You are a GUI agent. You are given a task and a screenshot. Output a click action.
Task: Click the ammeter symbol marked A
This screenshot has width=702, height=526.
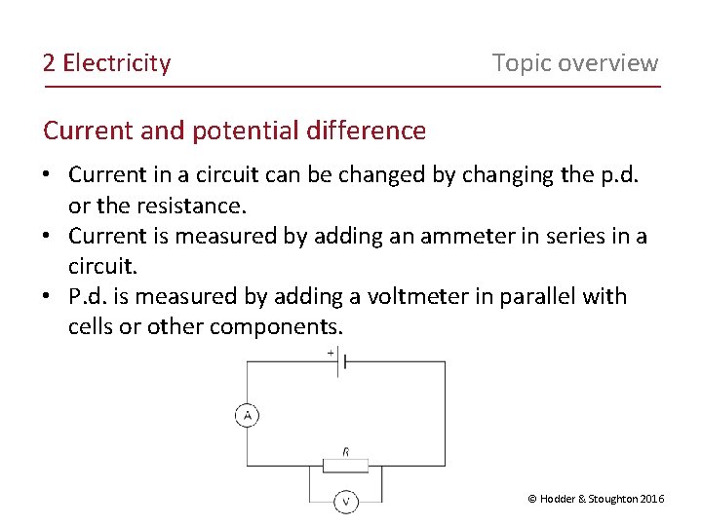tap(247, 416)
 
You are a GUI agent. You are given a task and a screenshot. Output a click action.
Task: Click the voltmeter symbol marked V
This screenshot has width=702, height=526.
tap(346, 501)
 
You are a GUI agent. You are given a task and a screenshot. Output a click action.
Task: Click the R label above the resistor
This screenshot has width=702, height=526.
tap(346, 451)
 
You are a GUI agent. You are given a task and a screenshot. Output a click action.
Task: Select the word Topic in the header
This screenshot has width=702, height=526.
tap(523, 63)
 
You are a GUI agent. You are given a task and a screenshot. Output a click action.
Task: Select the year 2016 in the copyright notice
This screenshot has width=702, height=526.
tap(652, 499)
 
